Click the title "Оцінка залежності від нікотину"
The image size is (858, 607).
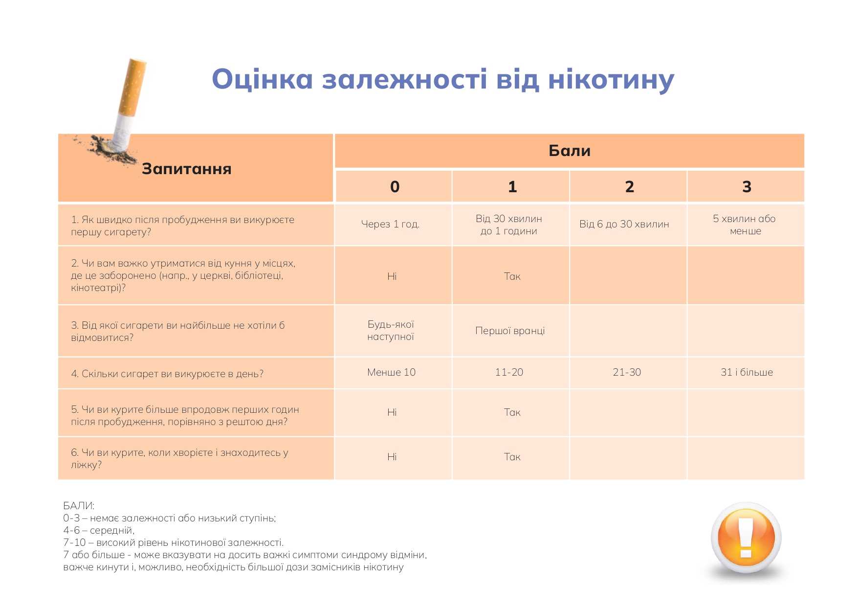coord(443,80)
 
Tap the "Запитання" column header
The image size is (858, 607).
coord(186,169)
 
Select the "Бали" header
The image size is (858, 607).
coord(570,151)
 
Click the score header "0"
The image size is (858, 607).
coord(395,186)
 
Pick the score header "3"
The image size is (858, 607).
coord(747,186)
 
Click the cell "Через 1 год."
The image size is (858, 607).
coord(390,224)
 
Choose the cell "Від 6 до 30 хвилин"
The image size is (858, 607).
coord(624,224)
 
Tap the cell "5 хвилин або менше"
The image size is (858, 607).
coord(745,225)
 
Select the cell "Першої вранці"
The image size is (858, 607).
coord(510,331)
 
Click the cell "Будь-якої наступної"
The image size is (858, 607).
coord(391,330)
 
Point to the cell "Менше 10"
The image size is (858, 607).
coord(391,372)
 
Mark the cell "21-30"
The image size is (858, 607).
coord(627,372)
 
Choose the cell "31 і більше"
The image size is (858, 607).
coord(747,372)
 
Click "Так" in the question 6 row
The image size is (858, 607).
coord(512,457)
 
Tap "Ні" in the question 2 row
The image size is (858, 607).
coord(392,276)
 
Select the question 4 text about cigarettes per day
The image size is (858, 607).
coord(167,374)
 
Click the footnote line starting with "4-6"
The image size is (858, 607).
coord(99,530)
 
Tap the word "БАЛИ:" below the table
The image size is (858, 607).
coord(79,506)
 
